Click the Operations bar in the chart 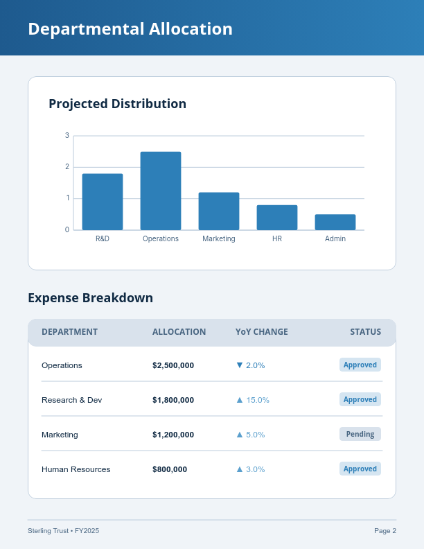(x=161, y=191)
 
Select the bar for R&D (x=103, y=202)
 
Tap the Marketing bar (x=219, y=211)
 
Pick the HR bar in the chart (x=277, y=217)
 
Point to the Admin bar (x=335, y=222)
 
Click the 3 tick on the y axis (x=67, y=135)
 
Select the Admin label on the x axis (x=335, y=238)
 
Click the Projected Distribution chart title (x=117, y=104)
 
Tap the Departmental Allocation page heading (x=130, y=29)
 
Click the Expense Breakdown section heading (x=90, y=298)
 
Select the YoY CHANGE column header (x=261, y=332)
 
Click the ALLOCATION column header (x=179, y=332)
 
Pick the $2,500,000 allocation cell (x=173, y=365)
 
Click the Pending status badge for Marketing (x=360, y=434)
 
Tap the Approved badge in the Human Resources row (x=360, y=469)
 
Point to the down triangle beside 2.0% (x=240, y=365)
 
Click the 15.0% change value (x=257, y=400)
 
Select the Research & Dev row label (x=71, y=400)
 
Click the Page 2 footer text (x=385, y=531)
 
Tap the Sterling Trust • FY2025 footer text (x=63, y=531)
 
